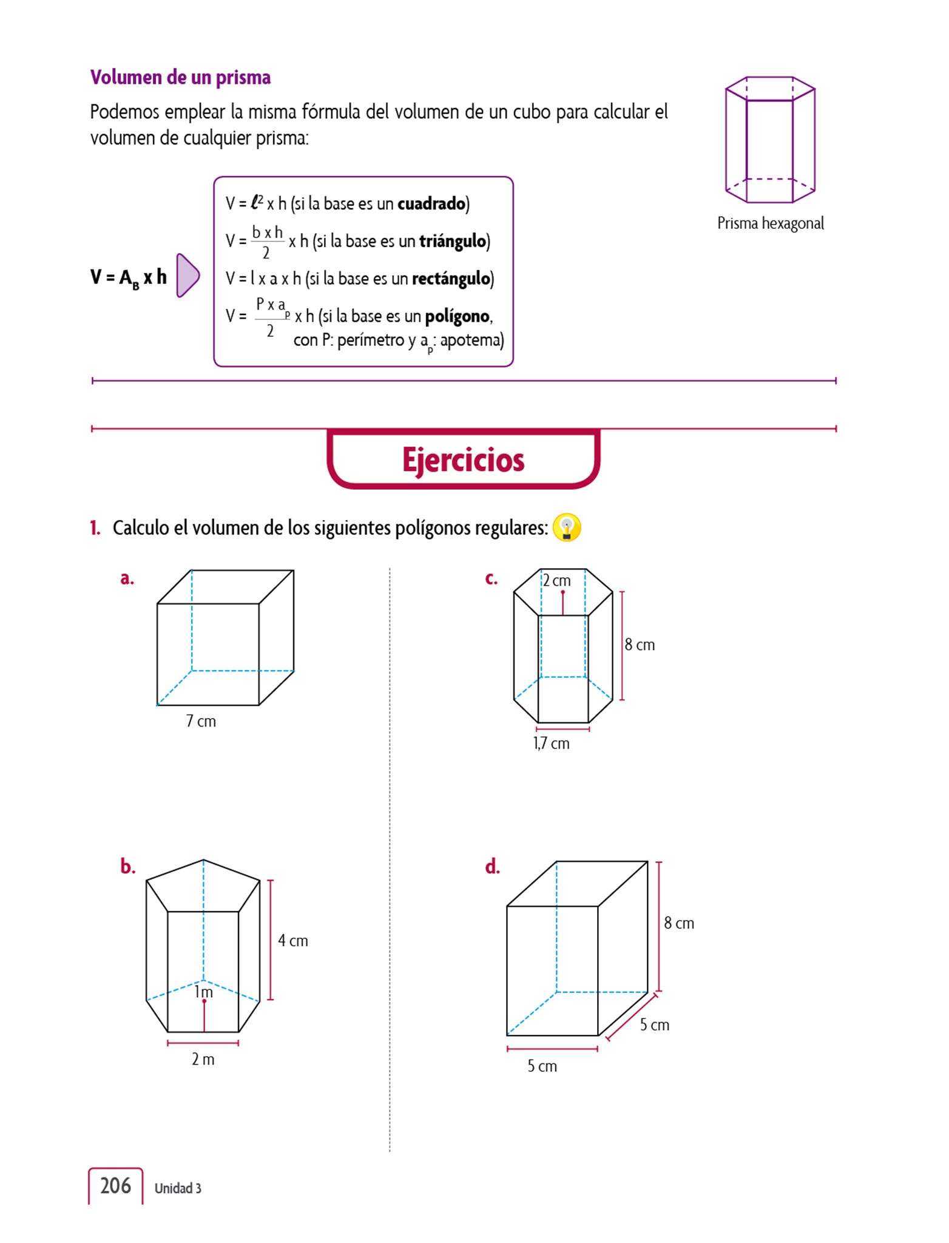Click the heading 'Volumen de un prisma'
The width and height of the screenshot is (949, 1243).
tap(180, 78)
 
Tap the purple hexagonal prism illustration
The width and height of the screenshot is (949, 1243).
tap(770, 140)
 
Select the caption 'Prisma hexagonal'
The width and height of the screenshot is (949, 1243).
tap(770, 223)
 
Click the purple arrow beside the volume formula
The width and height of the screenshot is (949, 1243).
tap(187, 276)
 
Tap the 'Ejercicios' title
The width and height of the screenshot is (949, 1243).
tap(463, 459)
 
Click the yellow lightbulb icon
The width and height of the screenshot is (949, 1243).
tap(567, 527)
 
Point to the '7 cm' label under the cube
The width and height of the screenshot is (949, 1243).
tap(201, 721)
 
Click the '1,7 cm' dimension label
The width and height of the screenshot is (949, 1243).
tap(551, 743)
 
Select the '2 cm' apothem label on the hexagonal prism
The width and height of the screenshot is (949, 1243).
tap(556, 581)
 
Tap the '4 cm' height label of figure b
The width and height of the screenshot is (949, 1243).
tap(293, 941)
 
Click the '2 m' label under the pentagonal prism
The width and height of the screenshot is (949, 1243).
tap(203, 1059)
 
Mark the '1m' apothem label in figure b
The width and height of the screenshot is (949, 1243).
tap(203, 992)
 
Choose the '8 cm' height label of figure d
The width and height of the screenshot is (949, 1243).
tap(678, 923)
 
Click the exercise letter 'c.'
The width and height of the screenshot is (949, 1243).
tap(491, 578)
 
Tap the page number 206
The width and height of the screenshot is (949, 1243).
tap(115, 1186)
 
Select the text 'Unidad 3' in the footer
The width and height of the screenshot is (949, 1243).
tap(178, 1188)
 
